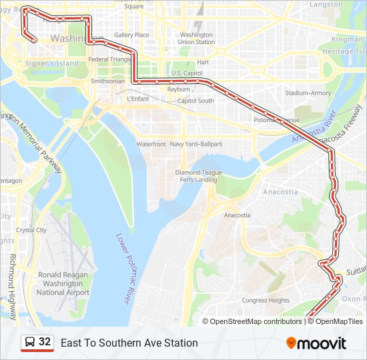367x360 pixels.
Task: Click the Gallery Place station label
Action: (x=131, y=35)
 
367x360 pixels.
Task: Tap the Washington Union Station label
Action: (x=197, y=38)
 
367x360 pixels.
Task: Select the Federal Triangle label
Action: (x=111, y=59)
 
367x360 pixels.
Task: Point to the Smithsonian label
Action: (x=107, y=81)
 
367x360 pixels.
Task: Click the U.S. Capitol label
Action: (x=187, y=73)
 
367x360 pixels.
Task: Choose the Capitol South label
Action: (x=196, y=101)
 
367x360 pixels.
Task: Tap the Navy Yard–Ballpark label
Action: (x=196, y=144)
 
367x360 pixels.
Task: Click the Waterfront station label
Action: (x=151, y=144)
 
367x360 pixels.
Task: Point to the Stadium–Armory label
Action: (x=308, y=93)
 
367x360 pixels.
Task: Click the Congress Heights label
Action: (x=266, y=301)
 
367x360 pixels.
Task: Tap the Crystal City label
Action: (x=31, y=230)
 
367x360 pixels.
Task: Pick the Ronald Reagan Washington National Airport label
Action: (x=63, y=283)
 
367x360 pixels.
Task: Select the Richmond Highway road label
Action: (x=12, y=277)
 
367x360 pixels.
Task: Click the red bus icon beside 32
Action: (x=29, y=343)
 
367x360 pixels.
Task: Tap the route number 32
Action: (x=45, y=342)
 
